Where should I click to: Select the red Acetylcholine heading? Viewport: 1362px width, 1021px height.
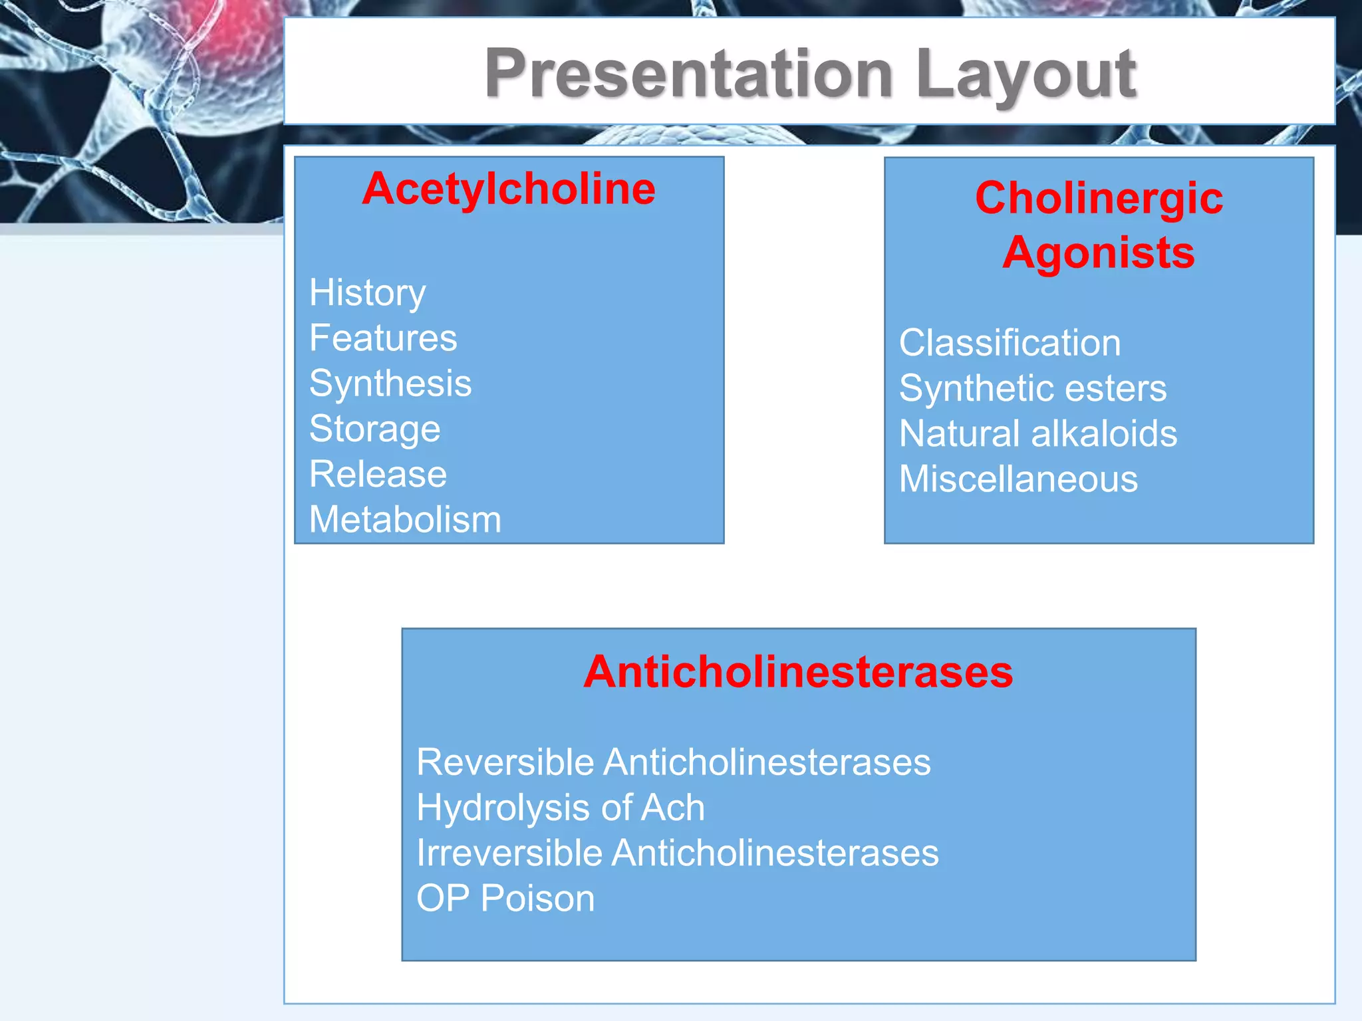509,189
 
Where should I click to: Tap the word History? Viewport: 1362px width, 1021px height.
367,293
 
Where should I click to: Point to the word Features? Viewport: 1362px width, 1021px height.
383,338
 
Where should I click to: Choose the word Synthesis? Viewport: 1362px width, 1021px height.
390,384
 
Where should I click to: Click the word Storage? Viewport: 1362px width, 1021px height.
374,429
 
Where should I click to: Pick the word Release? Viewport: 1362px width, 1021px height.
378,474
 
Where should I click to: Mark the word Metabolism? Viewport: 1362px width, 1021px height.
405,519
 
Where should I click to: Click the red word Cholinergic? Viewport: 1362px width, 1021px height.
1099,198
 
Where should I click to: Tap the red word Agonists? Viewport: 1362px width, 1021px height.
1099,253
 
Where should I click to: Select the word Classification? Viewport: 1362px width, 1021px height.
1010,343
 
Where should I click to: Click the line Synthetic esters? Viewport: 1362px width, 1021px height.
1032,388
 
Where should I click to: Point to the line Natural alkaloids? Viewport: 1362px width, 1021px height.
1037,433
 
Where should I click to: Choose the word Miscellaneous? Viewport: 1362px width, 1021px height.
1018,479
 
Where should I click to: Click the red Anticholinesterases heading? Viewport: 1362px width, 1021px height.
798,671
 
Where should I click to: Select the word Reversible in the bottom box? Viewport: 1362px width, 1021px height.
505,762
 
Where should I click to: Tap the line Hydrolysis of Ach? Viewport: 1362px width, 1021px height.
560,808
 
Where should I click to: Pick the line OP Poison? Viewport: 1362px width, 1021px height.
505,898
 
